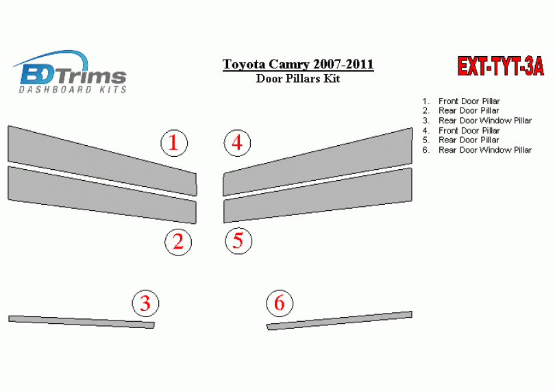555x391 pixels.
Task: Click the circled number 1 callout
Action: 174,143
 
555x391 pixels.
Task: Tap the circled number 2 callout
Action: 178,242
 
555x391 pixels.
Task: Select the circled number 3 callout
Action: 145,303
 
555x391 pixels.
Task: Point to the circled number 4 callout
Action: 237,143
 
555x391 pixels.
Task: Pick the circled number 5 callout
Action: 238,241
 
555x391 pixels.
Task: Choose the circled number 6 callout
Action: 280,303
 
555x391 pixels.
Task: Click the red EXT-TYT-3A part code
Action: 500,66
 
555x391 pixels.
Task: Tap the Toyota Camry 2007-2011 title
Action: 298,64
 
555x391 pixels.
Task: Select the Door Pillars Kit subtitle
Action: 298,79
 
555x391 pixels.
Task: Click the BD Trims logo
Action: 72,72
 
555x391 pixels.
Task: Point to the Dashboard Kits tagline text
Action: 73,89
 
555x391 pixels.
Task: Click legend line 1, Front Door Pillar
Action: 461,101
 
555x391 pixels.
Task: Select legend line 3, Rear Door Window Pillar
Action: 477,121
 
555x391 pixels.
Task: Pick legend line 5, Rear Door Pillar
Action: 461,140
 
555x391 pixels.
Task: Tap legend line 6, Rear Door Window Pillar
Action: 477,150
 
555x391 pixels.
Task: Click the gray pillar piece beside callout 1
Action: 102,160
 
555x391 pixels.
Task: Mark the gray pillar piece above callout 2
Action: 102,194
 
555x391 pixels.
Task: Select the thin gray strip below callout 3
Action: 82,322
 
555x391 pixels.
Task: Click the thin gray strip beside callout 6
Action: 339,320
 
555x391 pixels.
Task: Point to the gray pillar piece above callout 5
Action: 317,195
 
